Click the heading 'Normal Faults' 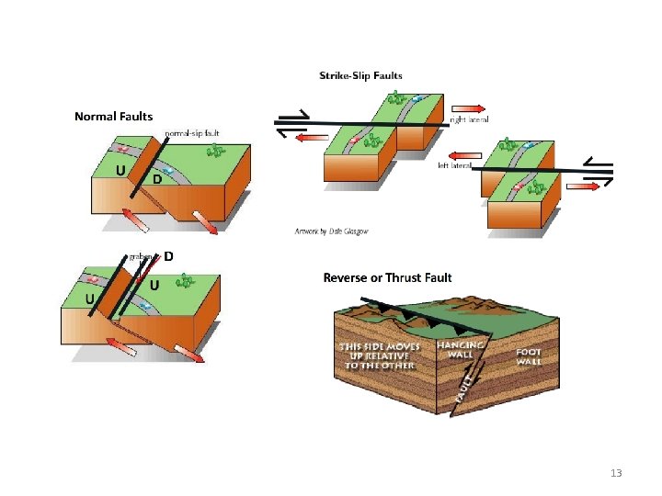[x=113, y=117]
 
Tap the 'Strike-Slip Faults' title [x=360, y=75]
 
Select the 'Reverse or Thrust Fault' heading [x=387, y=277]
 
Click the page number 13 [x=616, y=473]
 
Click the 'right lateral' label [x=469, y=119]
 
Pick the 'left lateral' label [x=454, y=165]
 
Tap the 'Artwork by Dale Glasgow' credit [x=332, y=231]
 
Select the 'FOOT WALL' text [x=528, y=356]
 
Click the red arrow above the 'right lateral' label [x=468, y=107]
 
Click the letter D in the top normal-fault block [x=157, y=180]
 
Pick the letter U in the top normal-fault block [x=120, y=170]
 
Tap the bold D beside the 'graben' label [x=169, y=256]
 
